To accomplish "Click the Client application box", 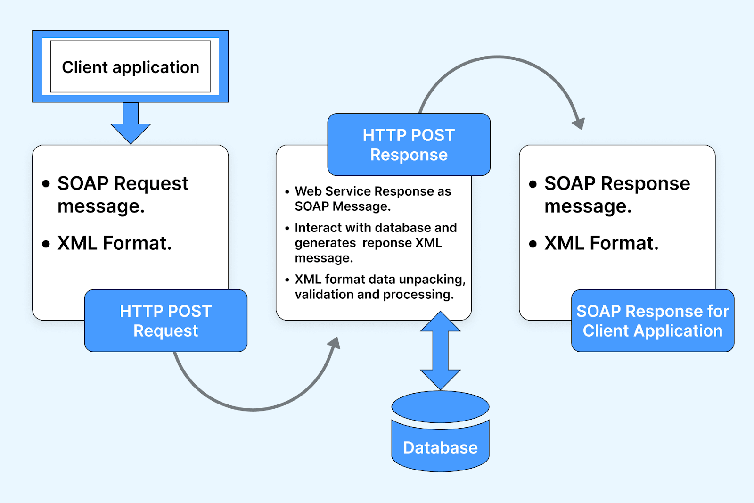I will [130, 66].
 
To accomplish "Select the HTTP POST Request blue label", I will [166, 321].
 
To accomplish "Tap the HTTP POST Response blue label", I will [409, 145].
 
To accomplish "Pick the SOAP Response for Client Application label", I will [653, 321].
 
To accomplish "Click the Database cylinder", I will [440, 431].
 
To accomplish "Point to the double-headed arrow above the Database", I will [440, 350].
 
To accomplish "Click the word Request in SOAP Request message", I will [151, 183].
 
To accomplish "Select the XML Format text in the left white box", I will [115, 243].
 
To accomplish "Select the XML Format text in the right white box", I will [601, 243].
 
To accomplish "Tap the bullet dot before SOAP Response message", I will [533, 184].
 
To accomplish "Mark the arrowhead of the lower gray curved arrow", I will [335, 343].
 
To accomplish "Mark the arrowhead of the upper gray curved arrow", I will [579, 124].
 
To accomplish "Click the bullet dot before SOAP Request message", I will [46, 184].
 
